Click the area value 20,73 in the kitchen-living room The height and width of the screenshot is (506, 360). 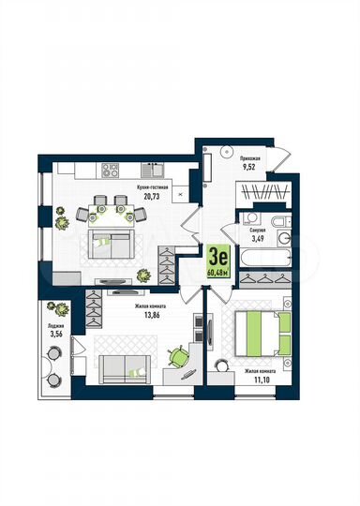tap(152, 197)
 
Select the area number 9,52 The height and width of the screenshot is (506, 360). tap(249, 170)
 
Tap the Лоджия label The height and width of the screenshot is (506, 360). tap(56, 326)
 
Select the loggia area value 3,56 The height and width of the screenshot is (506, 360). tap(56, 335)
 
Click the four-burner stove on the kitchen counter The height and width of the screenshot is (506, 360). tap(110, 170)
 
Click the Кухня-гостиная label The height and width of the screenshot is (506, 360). tap(152, 187)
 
